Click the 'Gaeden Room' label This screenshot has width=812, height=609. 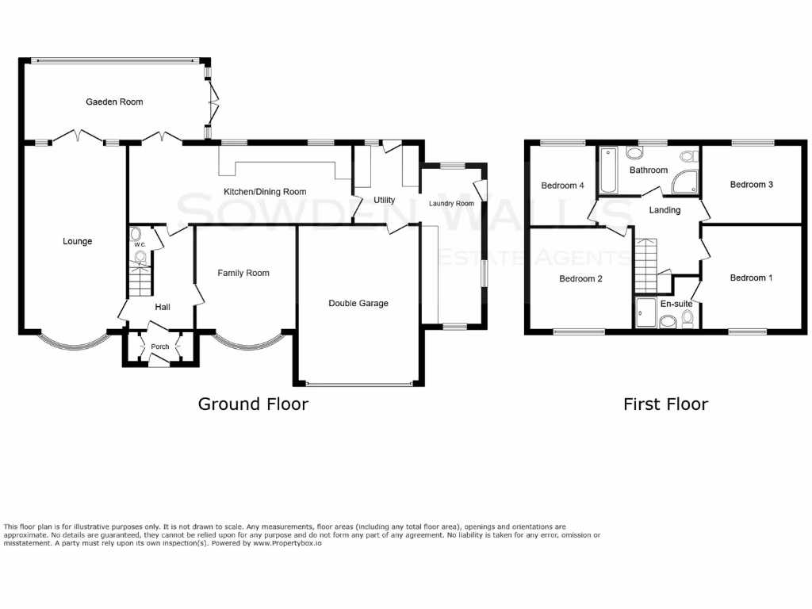click(x=114, y=101)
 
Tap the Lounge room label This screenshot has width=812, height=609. click(x=78, y=241)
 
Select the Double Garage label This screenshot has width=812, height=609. click(x=358, y=303)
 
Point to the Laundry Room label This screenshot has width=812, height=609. click(x=451, y=204)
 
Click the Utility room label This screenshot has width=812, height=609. click(x=384, y=201)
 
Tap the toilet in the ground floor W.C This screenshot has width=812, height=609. click(x=136, y=234)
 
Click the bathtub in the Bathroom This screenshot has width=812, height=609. click(x=608, y=170)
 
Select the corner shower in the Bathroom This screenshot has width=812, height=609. click(x=686, y=182)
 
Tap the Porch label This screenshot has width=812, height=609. click(x=159, y=347)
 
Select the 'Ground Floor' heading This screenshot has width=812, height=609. click(x=252, y=404)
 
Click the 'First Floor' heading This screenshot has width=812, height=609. click(x=665, y=404)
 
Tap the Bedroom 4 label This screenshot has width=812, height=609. click(x=562, y=186)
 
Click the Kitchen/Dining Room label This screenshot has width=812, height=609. click(x=264, y=192)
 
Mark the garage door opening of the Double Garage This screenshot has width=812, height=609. click(x=359, y=385)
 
